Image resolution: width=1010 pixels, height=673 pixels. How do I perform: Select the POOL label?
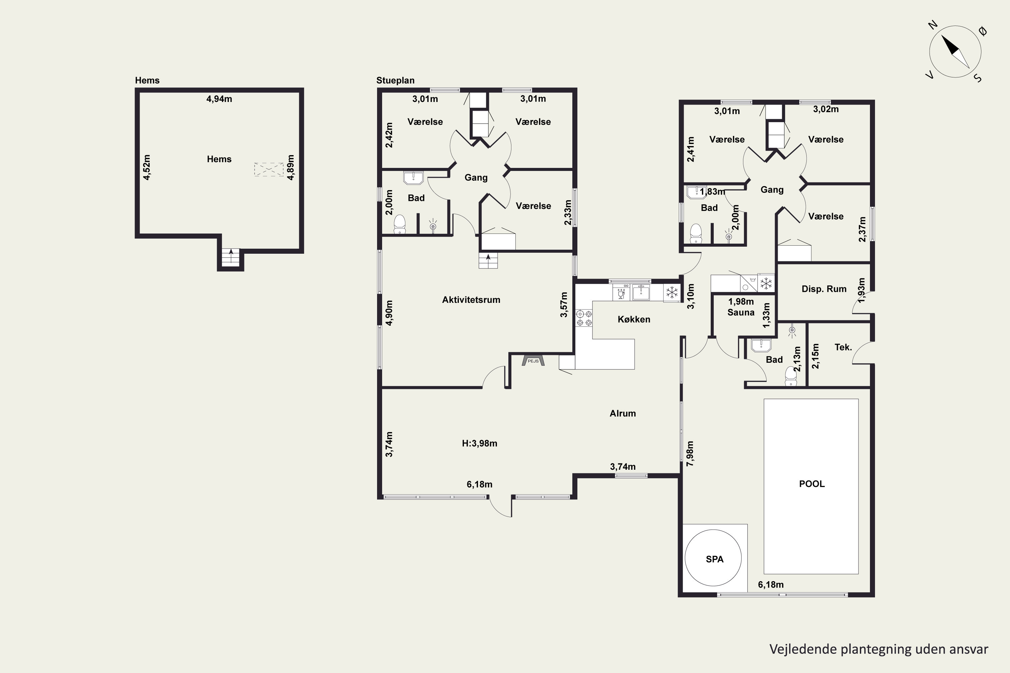812,484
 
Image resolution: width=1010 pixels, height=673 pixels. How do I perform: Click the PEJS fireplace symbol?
533,360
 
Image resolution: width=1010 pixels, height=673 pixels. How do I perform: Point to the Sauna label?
741,313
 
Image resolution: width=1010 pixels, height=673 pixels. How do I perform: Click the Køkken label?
634,319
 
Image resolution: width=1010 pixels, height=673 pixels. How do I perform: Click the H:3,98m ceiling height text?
479,444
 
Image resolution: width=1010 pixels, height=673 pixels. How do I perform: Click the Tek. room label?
843,347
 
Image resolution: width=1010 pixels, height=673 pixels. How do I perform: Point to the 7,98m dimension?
690,454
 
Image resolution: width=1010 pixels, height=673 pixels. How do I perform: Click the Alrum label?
622,413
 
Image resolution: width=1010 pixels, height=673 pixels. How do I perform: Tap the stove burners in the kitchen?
584,318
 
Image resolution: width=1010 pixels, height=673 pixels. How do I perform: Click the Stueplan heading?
395,81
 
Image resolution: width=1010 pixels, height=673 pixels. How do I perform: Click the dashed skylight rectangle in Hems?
269,170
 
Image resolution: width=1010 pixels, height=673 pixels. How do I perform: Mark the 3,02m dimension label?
826,109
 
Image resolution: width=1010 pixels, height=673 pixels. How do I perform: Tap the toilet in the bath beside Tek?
791,376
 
